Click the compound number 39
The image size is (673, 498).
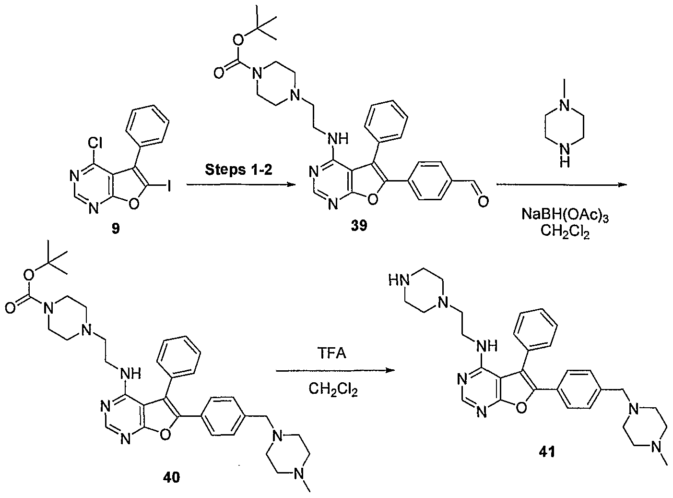(x=359, y=226)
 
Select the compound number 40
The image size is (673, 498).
(x=171, y=477)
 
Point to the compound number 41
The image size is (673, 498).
(x=547, y=452)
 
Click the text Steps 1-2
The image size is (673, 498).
(x=238, y=170)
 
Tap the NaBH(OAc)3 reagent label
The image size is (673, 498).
(x=565, y=216)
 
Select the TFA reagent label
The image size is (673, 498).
(x=331, y=353)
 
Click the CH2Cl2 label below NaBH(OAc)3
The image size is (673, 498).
(x=565, y=232)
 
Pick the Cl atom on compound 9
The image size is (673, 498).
(x=94, y=143)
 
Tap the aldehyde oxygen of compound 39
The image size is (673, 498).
(x=483, y=201)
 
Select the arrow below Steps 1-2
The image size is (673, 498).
(x=241, y=184)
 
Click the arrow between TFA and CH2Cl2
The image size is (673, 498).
(x=335, y=370)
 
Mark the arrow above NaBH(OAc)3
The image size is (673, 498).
(x=562, y=184)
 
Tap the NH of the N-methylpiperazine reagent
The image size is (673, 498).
(x=565, y=156)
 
